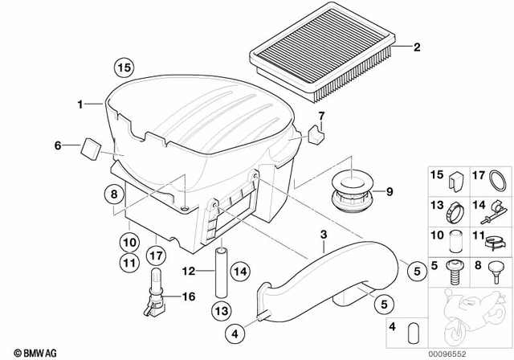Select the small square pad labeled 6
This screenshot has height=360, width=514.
(x=91, y=146)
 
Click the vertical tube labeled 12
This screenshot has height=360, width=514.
(x=220, y=265)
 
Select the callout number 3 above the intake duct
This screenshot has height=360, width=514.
(x=323, y=235)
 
